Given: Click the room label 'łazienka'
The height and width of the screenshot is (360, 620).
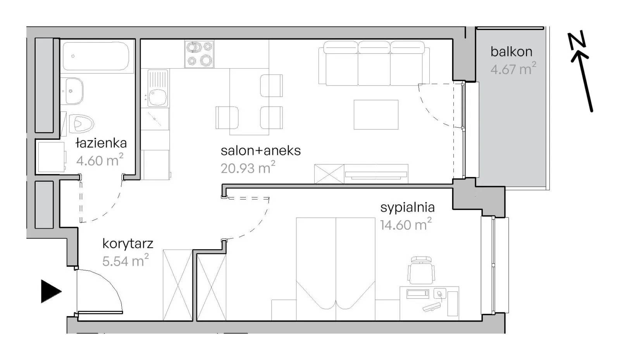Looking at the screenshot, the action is click(x=101, y=143).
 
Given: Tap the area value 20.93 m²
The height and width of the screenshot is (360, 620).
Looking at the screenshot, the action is click(x=248, y=168).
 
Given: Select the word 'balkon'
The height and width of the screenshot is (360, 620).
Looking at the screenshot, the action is click(x=511, y=52).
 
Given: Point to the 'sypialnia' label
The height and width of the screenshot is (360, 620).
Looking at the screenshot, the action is click(x=407, y=208).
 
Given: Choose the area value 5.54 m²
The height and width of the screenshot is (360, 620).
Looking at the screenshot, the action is click(x=126, y=261).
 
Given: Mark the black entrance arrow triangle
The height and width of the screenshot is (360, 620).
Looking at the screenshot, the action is click(x=51, y=291).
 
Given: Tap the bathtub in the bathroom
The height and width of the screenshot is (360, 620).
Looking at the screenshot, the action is click(x=96, y=56).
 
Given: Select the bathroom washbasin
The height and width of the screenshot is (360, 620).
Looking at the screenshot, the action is click(x=74, y=91).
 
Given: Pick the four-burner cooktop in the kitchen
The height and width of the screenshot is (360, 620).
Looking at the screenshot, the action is click(x=199, y=54).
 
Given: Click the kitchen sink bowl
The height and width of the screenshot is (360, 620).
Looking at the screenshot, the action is click(x=158, y=97).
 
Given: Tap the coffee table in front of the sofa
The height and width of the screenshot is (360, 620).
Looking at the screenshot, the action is click(x=376, y=115).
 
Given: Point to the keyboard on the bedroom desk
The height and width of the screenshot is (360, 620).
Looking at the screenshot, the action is click(x=432, y=307).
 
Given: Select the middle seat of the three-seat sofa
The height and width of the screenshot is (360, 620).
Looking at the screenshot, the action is click(x=374, y=64).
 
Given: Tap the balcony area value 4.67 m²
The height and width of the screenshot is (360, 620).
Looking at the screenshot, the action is click(x=513, y=69).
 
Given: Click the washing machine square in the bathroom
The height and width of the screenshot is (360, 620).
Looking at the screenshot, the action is click(x=51, y=157).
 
